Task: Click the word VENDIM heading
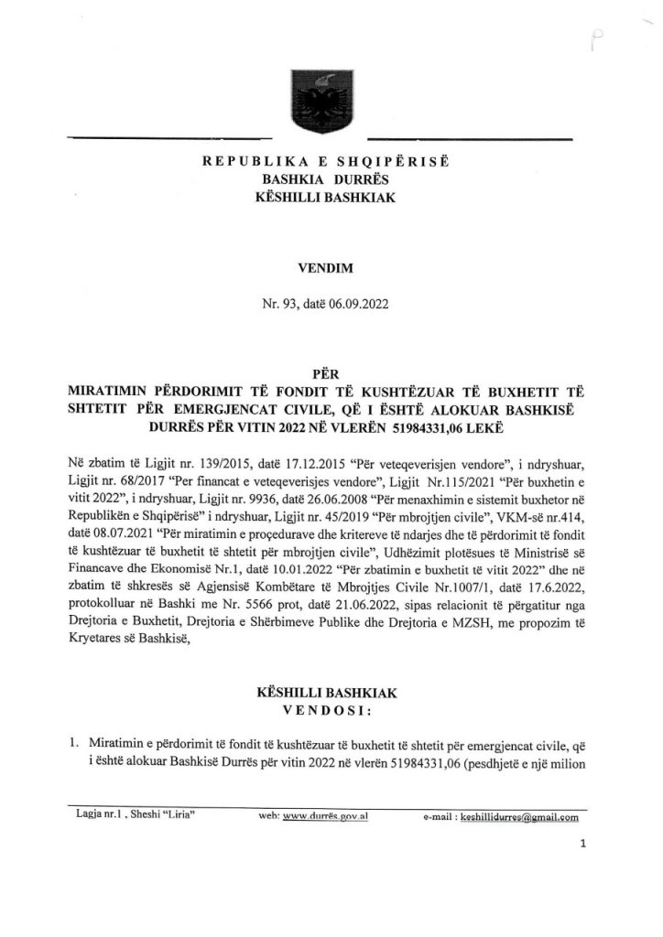pos(331,271)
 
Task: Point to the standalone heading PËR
pos(331,373)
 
